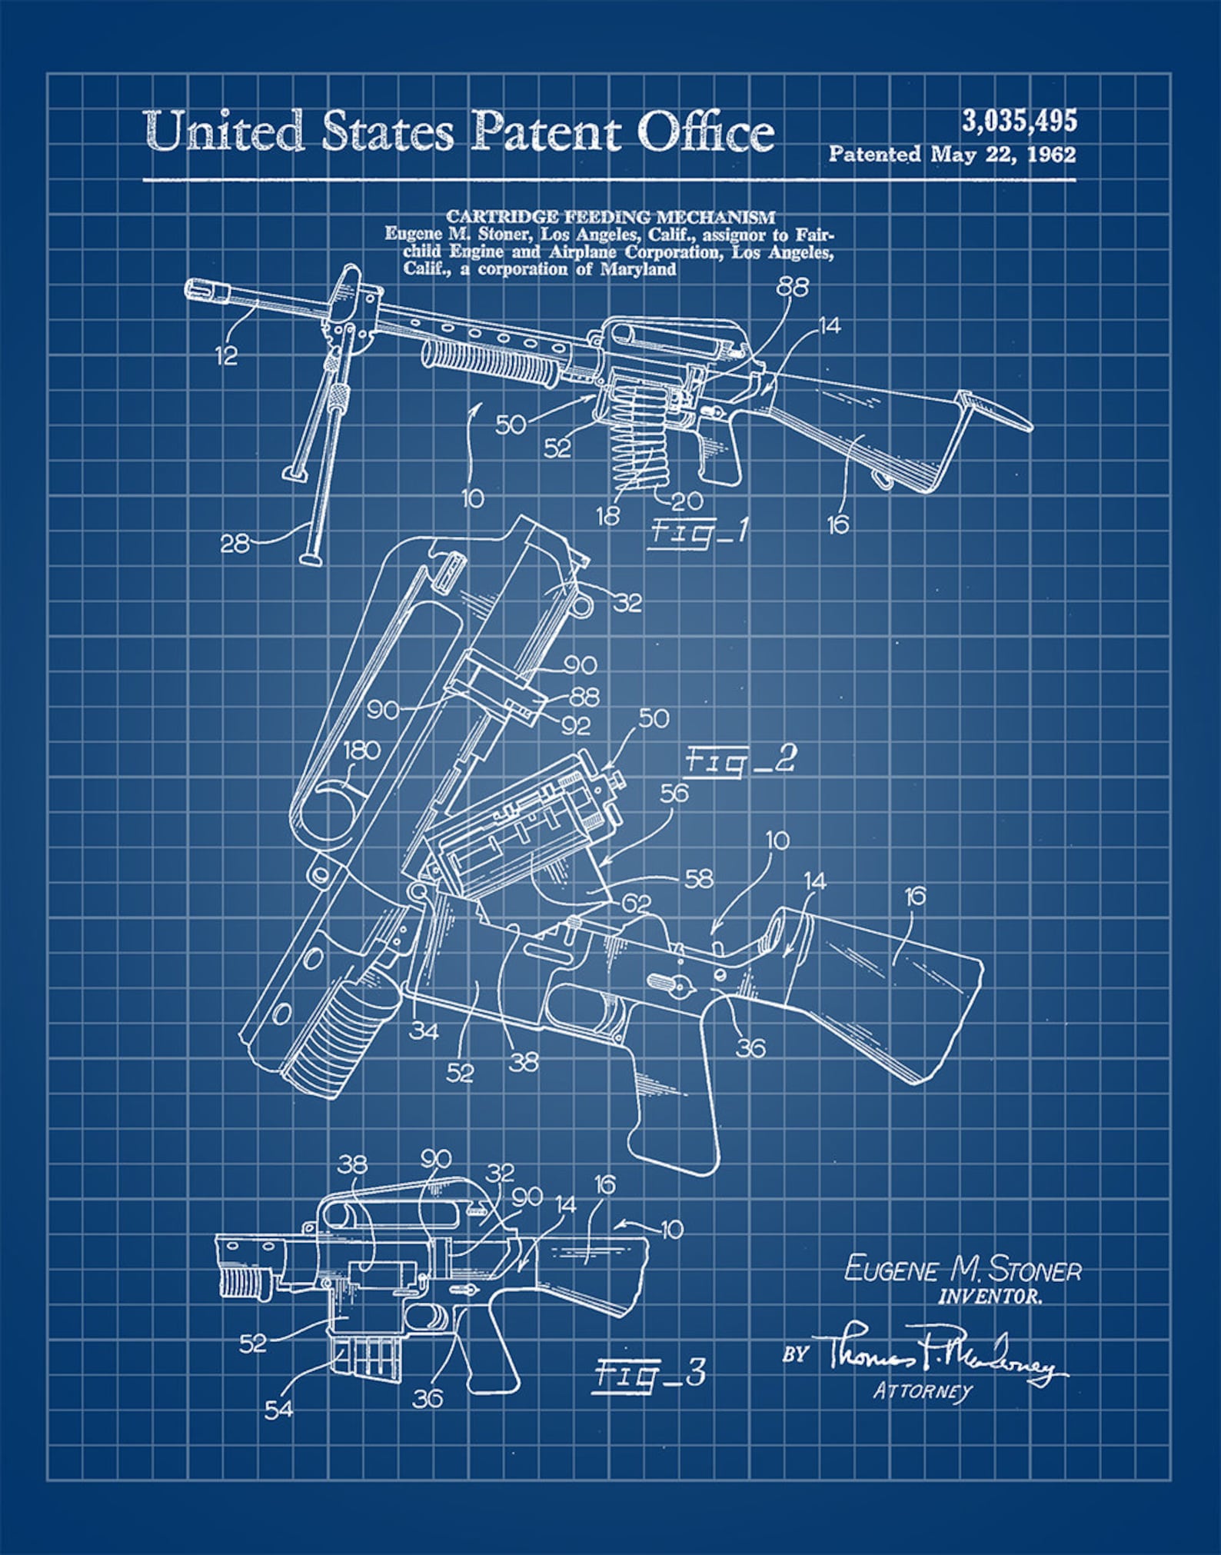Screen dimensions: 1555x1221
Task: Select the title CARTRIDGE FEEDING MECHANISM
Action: point(610,217)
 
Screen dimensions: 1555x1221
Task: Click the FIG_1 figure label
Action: point(698,533)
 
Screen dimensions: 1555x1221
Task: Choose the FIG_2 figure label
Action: point(740,762)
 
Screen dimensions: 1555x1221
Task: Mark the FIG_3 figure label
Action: point(650,1373)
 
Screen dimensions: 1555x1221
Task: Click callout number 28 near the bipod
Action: point(235,544)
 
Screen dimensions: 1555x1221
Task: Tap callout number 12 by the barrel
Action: point(227,356)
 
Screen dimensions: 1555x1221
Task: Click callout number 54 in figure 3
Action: point(278,1410)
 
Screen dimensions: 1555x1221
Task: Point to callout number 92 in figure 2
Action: point(576,725)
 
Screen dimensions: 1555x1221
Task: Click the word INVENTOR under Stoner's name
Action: point(990,1297)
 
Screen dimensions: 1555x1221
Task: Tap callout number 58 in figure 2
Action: point(698,878)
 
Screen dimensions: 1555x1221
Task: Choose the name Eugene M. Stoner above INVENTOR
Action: point(963,1269)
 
